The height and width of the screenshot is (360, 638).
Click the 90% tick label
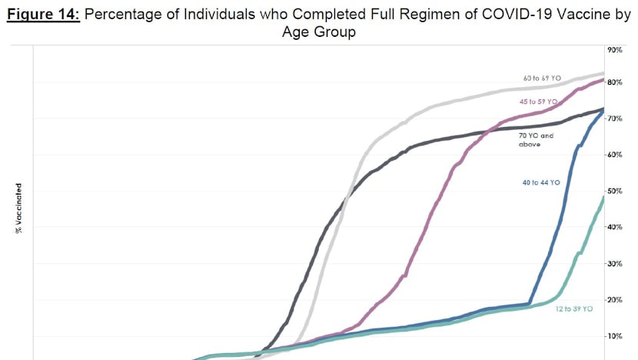tap(615, 49)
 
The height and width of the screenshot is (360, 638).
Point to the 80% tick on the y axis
tap(615, 82)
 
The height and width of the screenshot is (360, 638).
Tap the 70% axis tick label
tap(615, 119)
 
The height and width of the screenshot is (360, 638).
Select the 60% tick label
tap(615, 155)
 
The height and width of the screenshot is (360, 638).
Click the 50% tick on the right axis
tap(615, 191)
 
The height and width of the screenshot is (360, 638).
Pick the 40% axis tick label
tap(615, 227)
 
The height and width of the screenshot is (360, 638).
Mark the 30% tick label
tap(615, 263)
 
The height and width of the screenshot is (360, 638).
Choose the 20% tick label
tap(615, 299)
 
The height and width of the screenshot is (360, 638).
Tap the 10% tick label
tap(615, 336)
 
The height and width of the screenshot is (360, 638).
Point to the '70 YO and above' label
tap(536, 139)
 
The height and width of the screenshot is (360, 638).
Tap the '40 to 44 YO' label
tap(541, 182)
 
